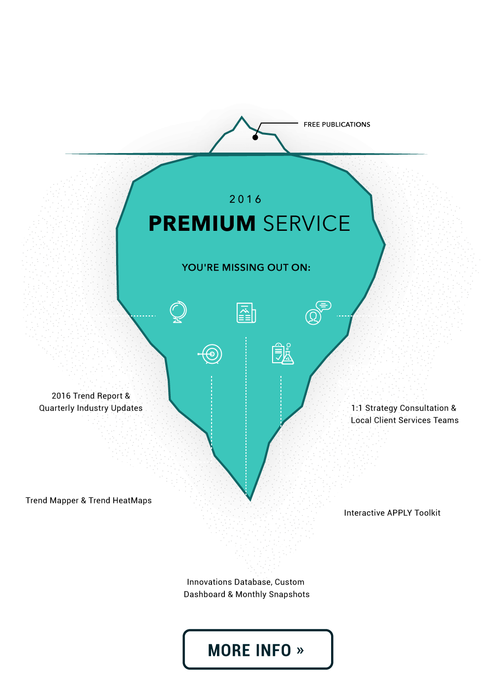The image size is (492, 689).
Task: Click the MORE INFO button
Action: click(257, 650)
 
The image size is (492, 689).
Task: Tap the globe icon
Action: click(178, 312)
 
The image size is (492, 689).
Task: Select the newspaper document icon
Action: click(246, 313)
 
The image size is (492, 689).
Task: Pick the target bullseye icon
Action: click(211, 353)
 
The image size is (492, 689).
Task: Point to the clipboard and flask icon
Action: click(282, 353)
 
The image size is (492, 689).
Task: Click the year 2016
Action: click(246, 199)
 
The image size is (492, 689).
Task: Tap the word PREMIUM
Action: click(202, 223)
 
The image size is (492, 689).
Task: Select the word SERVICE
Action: click(307, 223)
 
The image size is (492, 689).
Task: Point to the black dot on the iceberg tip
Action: click(255, 137)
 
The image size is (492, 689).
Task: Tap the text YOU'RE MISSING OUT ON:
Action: click(246, 268)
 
